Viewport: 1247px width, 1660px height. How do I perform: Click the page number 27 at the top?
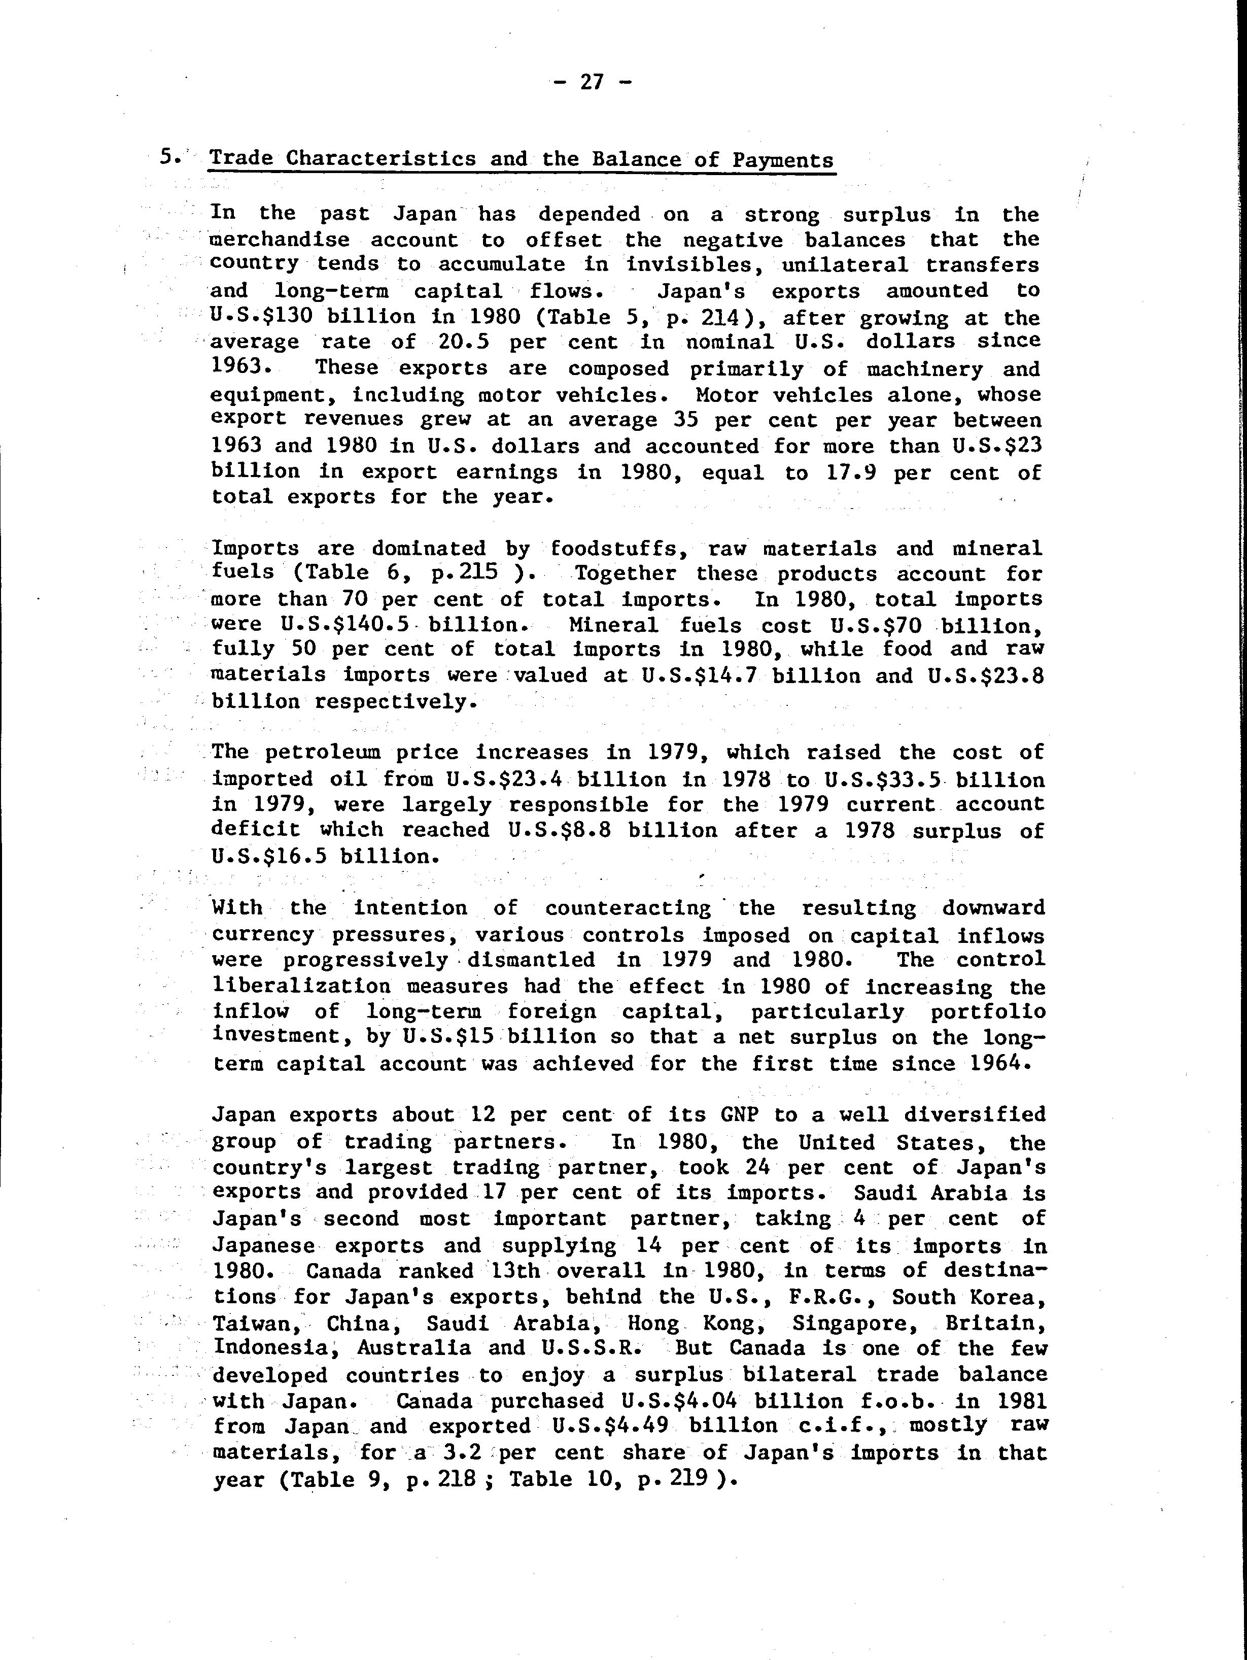(x=592, y=82)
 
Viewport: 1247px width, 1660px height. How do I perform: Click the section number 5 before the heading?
(x=166, y=158)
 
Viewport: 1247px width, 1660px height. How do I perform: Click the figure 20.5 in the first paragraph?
(x=462, y=342)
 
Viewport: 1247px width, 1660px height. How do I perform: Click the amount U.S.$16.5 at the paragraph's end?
(x=269, y=856)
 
